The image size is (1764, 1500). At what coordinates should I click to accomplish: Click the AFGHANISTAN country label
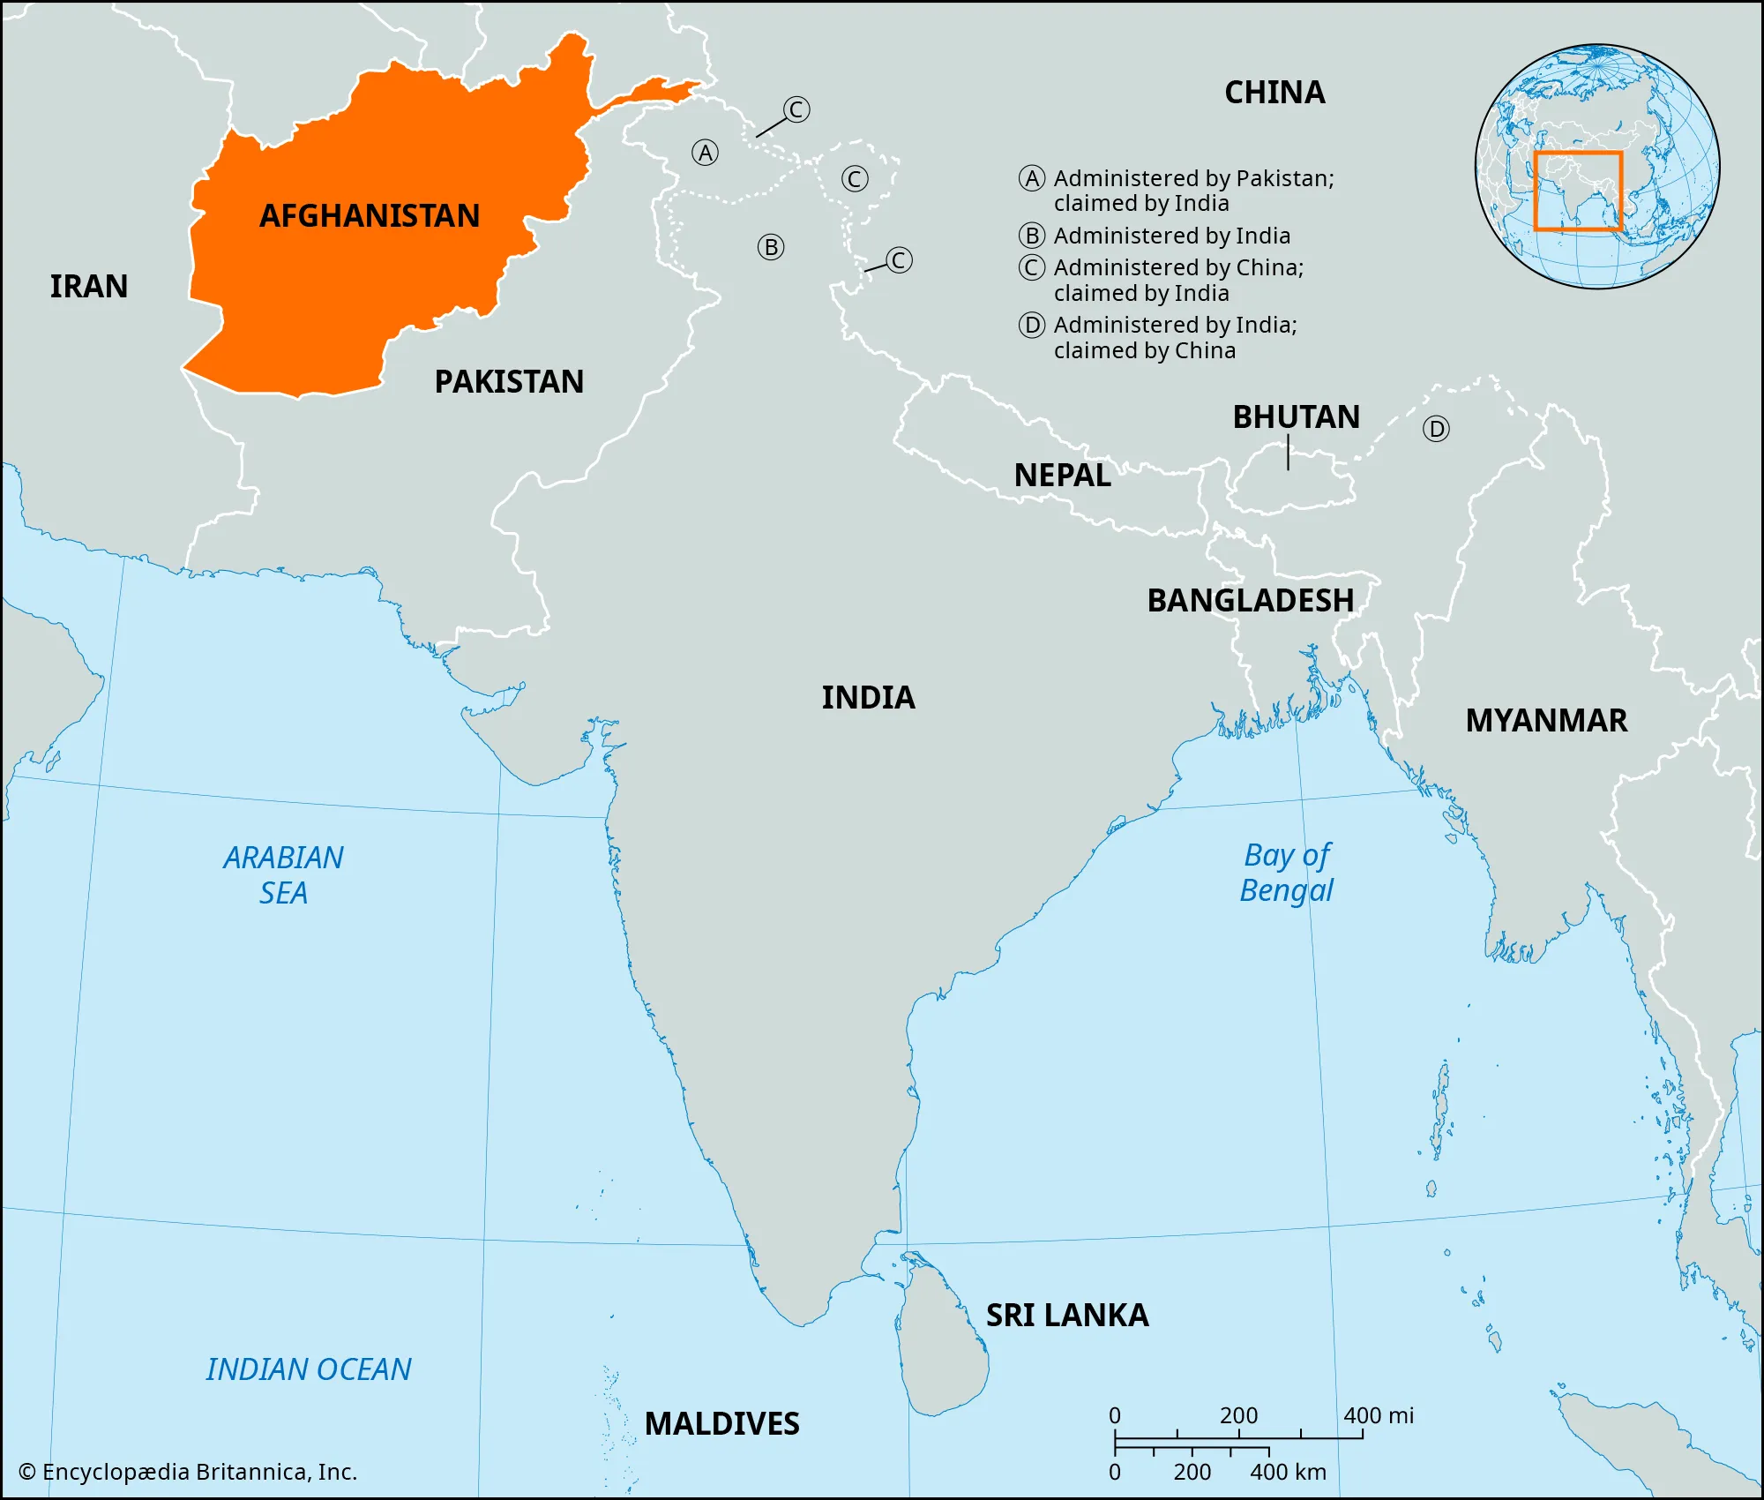[370, 216]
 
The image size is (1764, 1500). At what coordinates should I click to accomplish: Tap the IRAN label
[88, 287]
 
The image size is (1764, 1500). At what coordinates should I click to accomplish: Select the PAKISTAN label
[509, 382]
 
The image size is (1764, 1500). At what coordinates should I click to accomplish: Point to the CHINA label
[1274, 93]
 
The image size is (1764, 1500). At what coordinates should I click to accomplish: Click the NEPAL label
[1062, 476]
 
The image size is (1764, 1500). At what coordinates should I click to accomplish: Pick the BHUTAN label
[1296, 417]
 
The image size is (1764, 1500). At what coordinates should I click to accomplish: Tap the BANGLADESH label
[1250, 601]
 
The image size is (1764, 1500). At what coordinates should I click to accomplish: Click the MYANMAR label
[1546, 721]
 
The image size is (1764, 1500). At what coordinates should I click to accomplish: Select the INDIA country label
[868, 698]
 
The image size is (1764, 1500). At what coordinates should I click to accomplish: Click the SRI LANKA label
[1067, 1316]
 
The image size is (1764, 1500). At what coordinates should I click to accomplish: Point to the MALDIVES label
[721, 1424]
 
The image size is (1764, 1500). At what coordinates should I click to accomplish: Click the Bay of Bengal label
[1287, 873]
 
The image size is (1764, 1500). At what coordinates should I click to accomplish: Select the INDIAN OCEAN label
[309, 1369]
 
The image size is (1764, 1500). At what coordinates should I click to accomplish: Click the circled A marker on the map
[705, 154]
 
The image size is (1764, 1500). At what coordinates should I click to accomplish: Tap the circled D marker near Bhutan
[1436, 430]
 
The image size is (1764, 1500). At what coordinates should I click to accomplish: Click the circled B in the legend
[1032, 236]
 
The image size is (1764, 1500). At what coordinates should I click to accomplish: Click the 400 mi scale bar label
[1378, 1416]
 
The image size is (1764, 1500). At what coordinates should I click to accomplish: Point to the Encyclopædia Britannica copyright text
[188, 1472]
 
